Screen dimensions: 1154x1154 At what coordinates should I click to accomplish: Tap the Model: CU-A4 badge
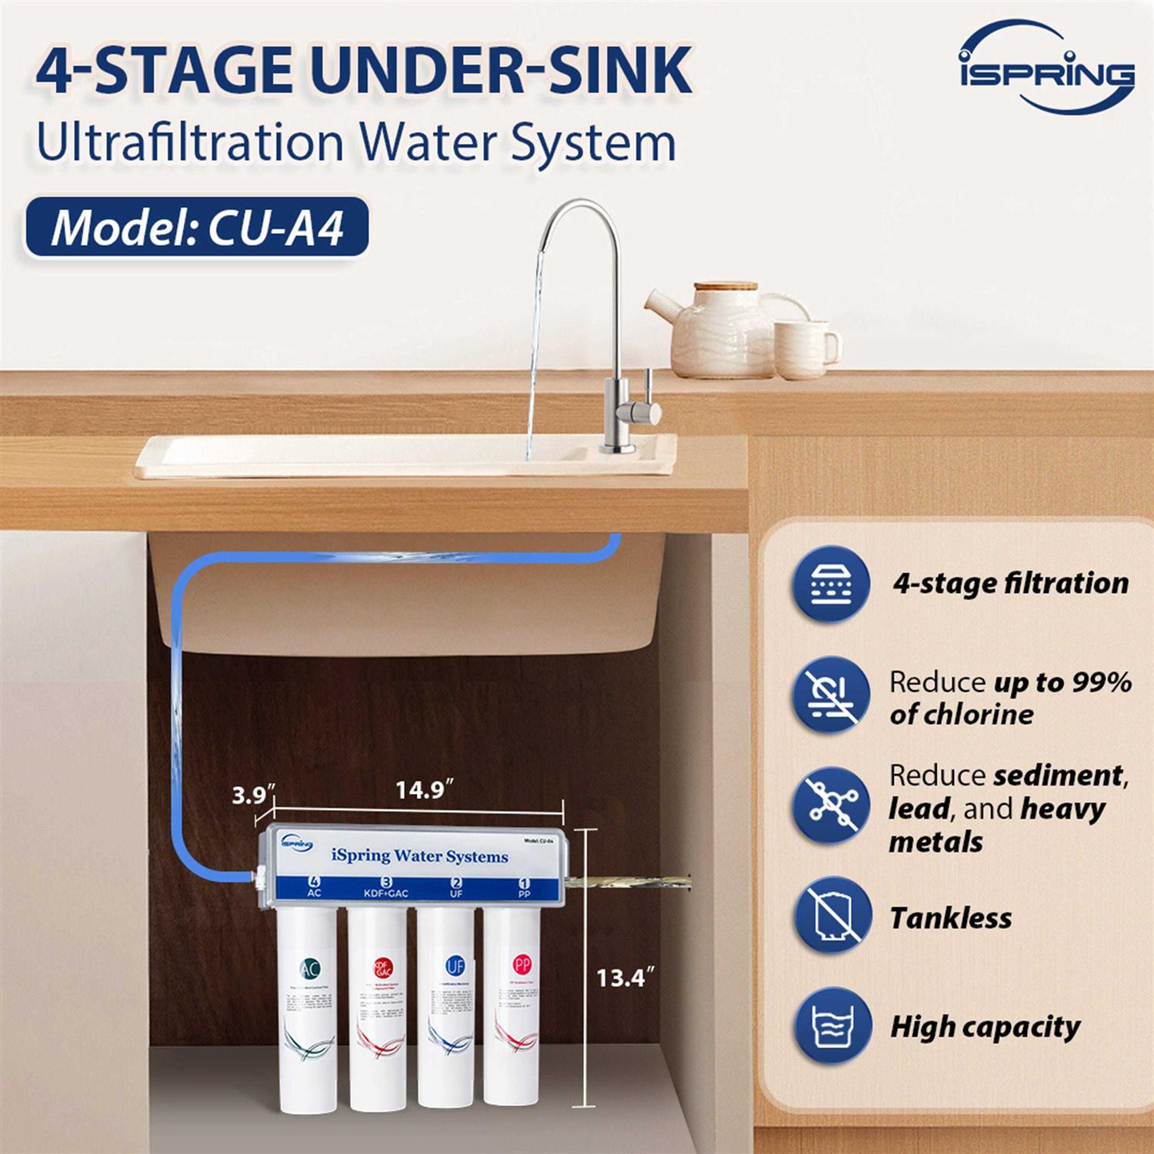[197, 228]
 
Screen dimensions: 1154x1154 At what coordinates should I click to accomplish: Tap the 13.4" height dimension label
[625, 978]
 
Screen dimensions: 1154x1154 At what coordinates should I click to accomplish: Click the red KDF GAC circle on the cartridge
[382, 968]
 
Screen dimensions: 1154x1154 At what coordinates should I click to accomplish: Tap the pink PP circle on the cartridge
[522, 965]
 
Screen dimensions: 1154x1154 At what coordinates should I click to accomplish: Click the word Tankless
[950, 918]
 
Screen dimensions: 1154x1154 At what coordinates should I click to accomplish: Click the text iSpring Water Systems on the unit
[419, 855]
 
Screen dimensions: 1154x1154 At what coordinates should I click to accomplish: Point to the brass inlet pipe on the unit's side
[627, 878]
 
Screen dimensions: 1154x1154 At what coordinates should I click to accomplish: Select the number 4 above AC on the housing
[314, 882]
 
